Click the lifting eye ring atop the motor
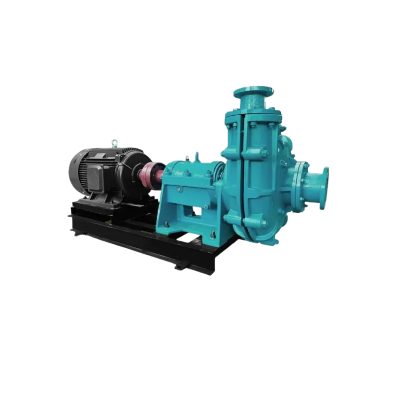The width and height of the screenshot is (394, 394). click(114, 143)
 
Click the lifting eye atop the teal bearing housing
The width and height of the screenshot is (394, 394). click(197, 155)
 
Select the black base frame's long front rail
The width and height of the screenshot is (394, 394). click(143, 244)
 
